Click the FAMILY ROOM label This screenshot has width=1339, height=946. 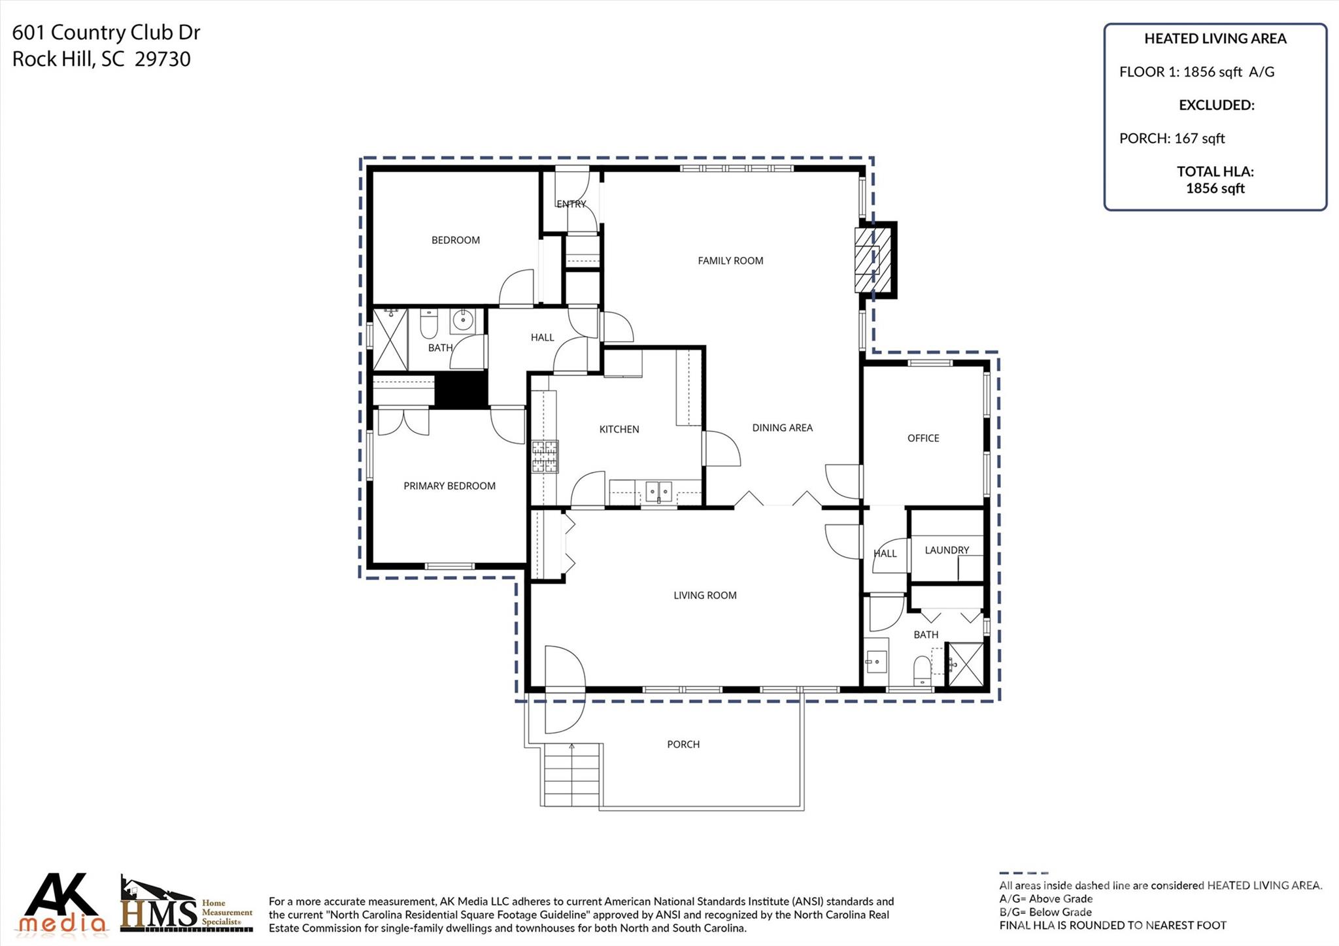pyautogui.click(x=730, y=261)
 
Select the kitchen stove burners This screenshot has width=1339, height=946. pyautogui.click(x=545, y=457)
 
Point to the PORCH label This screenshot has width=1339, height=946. pyautogui.click(x=683, y=745)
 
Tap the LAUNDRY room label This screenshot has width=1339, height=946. pyautogui.click(x=946, y=550)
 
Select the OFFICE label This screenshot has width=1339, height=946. pyautogui.click(x=923, y=439)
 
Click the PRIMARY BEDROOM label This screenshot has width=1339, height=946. pyautogui.click(x=449, y=486)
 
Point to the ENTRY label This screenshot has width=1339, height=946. pyautogui.click(x=571, y=205)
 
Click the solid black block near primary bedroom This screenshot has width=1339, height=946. pyautogui.click(x=461, y=390)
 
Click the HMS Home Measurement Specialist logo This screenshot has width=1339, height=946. pyautogui.click(x=186, y=907)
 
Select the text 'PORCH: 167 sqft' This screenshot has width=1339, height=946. pyautogui.click(x=1172, y=139)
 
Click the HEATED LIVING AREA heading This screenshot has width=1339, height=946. pyautogui.click(x=1215, y=39)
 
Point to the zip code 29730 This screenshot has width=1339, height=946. pyautogui.click(x=163, y=59)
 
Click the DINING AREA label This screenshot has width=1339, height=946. pyautogui.click(x=782, y=428)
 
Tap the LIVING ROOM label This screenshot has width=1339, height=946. pyautogui.click(x=705, y=596)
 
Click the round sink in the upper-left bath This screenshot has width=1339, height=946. pyautogui.click(x=463, y=320)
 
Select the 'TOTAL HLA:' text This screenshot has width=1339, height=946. pyautogui.click(x=1215, y=172)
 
